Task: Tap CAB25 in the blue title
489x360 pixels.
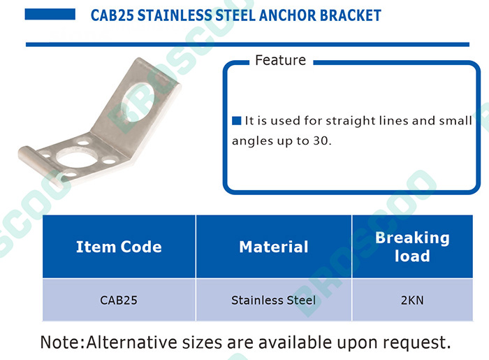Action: tap(112, 15)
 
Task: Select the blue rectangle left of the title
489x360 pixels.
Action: tap(50, 14)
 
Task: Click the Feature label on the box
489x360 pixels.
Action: tap(280, 60)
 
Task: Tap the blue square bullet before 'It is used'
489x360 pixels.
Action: tap(237, 120)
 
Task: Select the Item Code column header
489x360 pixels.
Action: tap(119, 247)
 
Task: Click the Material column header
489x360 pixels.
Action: tap(274, 247)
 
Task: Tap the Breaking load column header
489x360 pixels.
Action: tap(412, 247)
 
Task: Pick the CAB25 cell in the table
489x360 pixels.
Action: tap(119, 300)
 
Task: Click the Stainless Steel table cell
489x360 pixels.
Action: tap(274, 300)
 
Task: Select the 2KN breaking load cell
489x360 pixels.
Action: tap(412, 300)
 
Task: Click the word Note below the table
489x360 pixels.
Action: tap(61, 343)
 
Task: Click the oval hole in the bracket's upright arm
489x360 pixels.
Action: tap(138, 101)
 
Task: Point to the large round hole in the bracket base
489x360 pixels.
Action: tap(77, 158)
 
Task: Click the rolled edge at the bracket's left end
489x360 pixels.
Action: tap(40, 166)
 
